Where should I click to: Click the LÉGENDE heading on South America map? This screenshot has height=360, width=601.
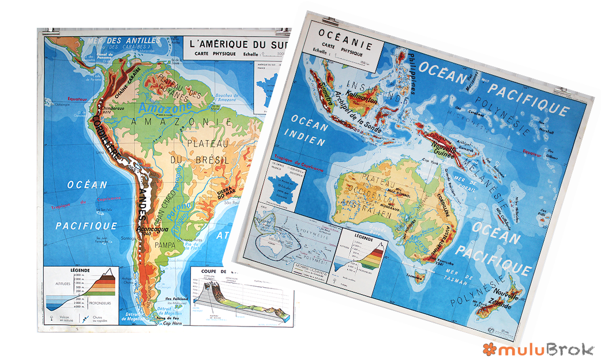point(81,269)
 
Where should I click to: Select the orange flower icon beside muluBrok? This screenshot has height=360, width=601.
point(490,348)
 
